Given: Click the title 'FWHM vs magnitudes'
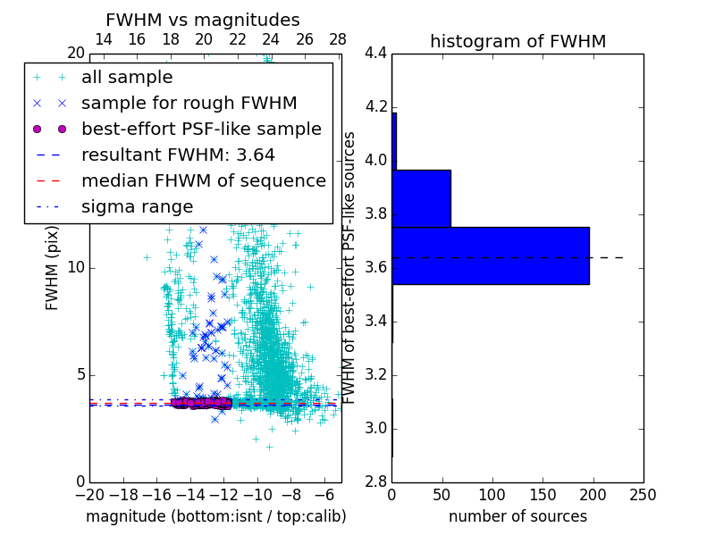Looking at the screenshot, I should click(x=203, y=20).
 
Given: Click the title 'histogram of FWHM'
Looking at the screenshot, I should click(x=517, y=41).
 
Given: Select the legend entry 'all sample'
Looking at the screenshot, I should click(x=127, y=78).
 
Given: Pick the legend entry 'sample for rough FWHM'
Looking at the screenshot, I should click(x=189, y=103).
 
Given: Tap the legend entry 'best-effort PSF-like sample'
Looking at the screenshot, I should click(x=201, y=129).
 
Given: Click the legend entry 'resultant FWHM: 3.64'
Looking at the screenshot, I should click(x=178, y=155).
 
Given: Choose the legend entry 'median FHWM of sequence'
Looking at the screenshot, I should click(x=203, y=180).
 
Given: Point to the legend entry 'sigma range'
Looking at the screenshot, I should click(x=137, y=206).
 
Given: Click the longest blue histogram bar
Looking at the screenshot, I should click(x=491, y=255).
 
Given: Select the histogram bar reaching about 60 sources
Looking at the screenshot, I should click(x=421, y=198).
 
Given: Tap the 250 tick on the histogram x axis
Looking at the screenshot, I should click(x=643, y=493).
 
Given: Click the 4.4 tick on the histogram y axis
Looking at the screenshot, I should click(x=375, y=54).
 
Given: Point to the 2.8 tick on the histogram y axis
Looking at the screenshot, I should click(x=375, y=482).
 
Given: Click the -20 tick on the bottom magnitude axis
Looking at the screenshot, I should click(x=89, y=494).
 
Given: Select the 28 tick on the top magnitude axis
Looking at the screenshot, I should click(x=337, y=39).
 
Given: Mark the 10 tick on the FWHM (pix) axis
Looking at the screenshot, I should click(x=76, y=268).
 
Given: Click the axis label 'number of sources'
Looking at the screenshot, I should click(x=517, y=516).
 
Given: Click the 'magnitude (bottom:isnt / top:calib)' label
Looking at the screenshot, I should click(x=215, y=516).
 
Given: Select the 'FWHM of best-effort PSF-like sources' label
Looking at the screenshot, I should click(x=350, y=267).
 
